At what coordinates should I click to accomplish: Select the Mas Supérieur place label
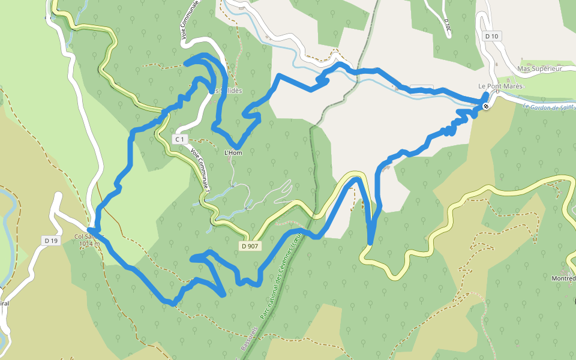(x=539, y=69)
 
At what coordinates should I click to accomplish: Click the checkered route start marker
(x=485, y=106)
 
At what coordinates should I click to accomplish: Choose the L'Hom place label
(x=232, y=153)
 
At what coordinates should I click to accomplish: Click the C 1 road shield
(x=179, y=139)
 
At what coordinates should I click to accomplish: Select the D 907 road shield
(x=251, y=246)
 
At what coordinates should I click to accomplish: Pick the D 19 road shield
(x=51, y=241)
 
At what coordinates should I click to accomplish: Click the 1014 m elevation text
(x=89, y=244)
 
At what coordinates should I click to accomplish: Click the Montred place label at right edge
(x=563, y=279)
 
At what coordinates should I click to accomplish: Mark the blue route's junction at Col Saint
(x=89, y=229)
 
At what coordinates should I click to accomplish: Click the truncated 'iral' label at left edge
(x=4, y=303)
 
